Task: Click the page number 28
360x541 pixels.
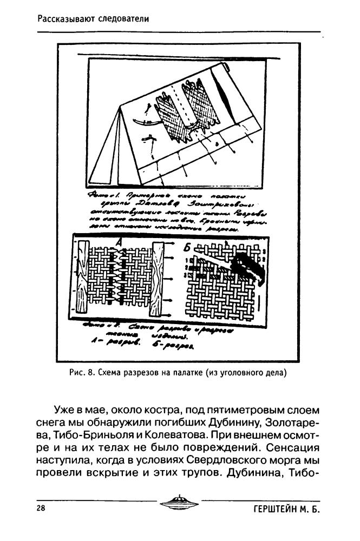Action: point(41,509)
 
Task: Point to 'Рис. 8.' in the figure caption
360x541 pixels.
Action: point(82,372)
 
